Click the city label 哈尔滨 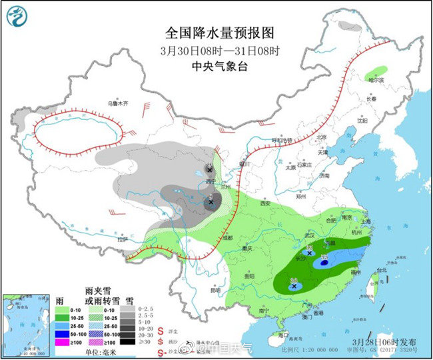pyautogui.click(x=378, y=80)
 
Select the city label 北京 pyautogui.click(x=322, y=137)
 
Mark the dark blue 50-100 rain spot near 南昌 pyautogui.click(x=324, y=263)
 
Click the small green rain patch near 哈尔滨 pyautogui.click(x=377, y=70)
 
